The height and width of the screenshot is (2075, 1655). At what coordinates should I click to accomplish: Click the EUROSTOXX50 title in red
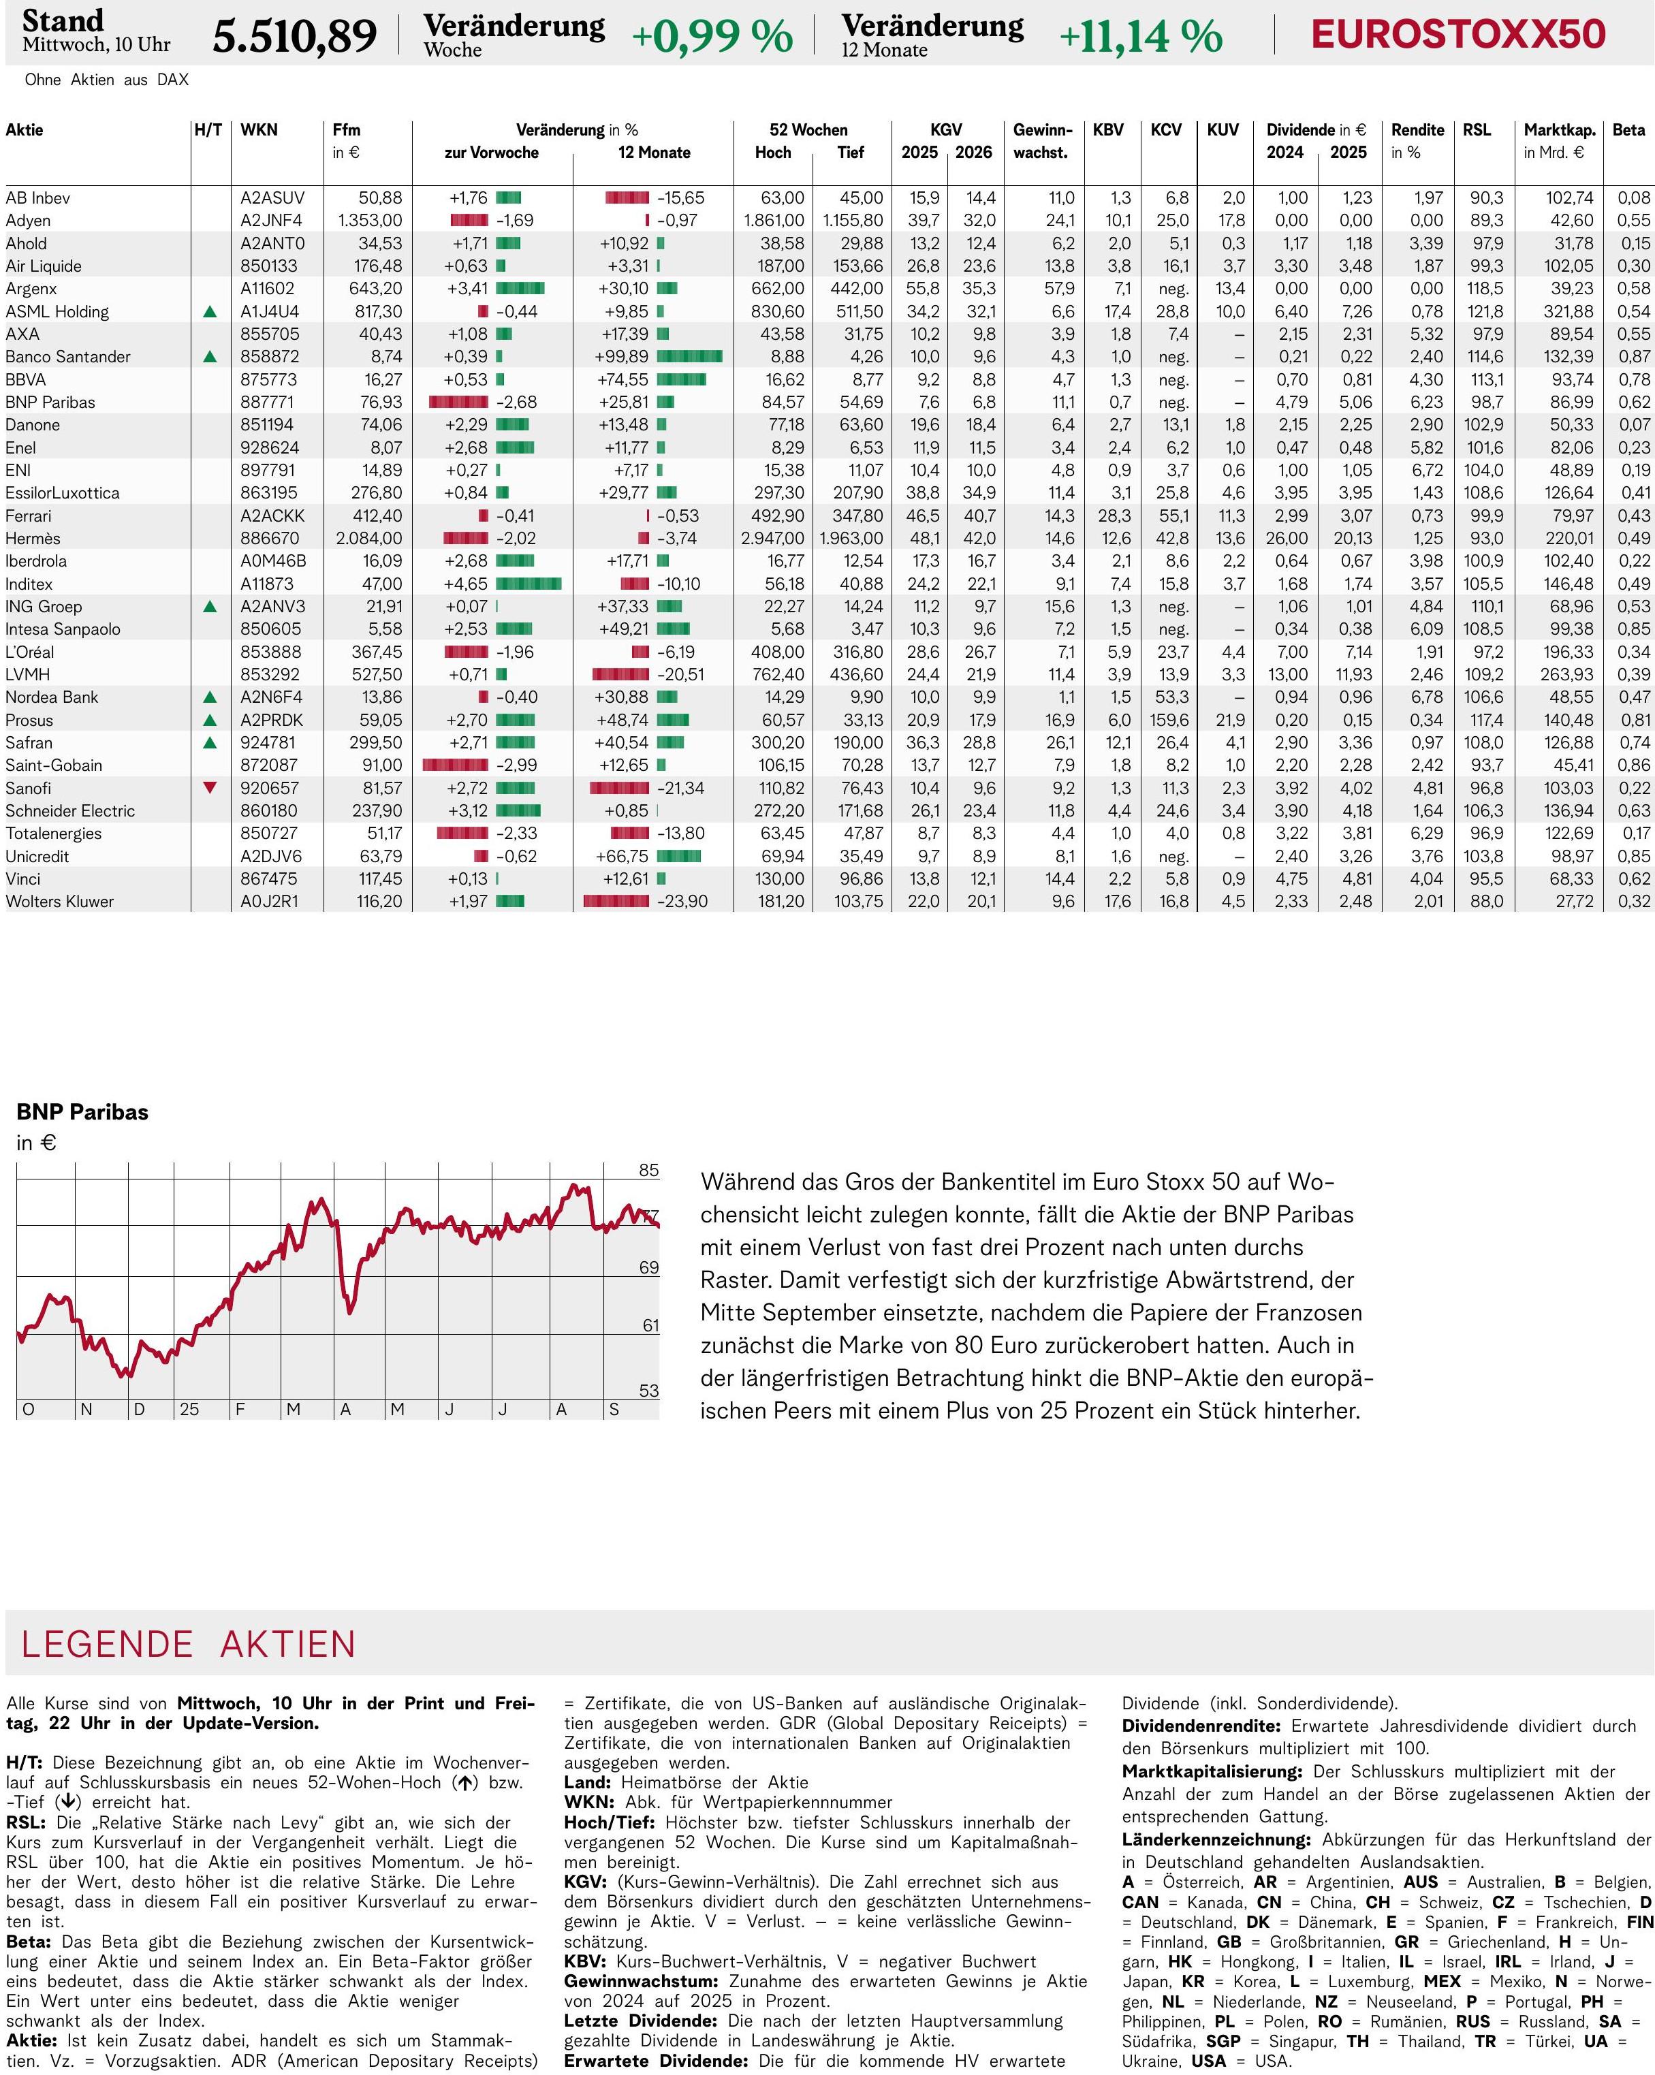1457,35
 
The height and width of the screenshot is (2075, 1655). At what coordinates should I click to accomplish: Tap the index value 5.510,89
295,37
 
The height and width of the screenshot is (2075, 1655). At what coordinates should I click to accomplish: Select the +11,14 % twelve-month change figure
1140,37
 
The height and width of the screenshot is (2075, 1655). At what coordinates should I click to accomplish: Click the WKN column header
259,130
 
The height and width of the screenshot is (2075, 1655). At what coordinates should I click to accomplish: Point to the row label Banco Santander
67,357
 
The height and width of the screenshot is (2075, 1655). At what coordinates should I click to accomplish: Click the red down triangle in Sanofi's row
210,787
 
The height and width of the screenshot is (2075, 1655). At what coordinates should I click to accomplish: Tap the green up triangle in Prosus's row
210,720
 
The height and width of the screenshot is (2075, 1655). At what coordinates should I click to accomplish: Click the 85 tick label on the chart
649,1171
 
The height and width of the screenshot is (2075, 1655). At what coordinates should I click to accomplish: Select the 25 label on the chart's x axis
189,1409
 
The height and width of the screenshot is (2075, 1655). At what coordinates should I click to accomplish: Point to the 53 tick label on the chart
649,1391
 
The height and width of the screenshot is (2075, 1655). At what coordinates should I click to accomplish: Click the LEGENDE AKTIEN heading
189,1645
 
